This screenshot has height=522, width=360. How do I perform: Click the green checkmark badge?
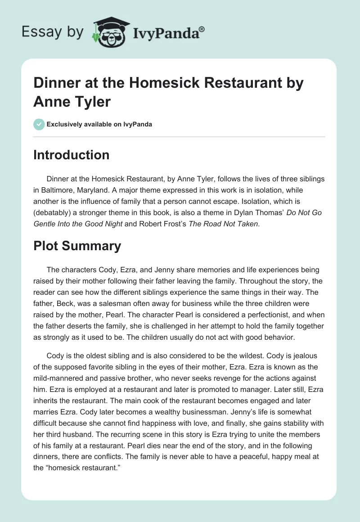pyautogui.click(x=39, y=124)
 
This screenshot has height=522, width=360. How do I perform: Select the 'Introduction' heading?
pyautogui.click(x=71, y=155)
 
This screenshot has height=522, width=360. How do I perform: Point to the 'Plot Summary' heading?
pyautogui.click(x=77, y=246)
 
